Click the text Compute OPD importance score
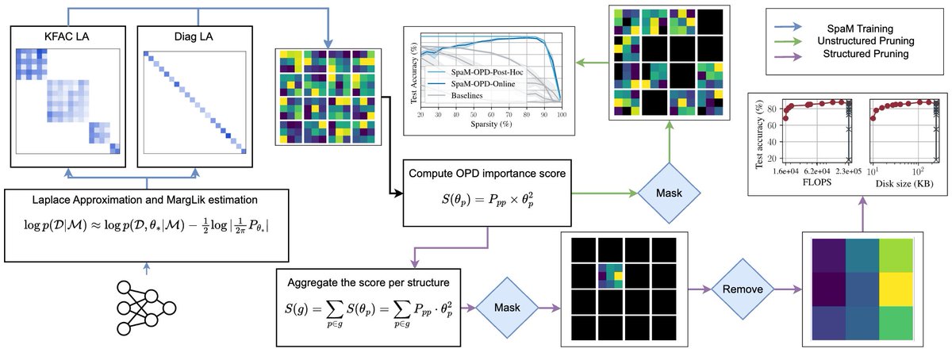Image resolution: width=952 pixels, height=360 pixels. coord(486,171)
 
